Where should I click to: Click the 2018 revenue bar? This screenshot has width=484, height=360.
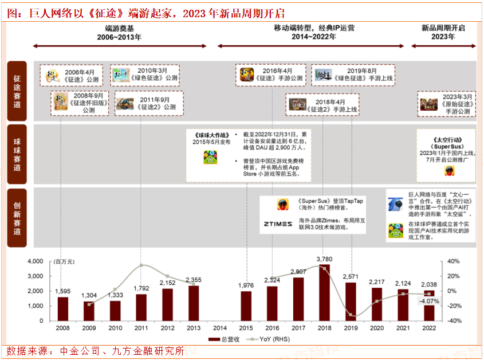tap(324, 292)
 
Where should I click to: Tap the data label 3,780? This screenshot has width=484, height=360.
tap(324, 259)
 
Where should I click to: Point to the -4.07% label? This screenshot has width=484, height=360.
tap(429, 301)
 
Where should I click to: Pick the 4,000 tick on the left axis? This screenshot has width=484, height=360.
tap(36, 261)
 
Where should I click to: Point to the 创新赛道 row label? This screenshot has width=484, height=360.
tap(17, 218)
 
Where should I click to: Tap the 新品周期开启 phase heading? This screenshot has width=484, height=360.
tap(443, 32)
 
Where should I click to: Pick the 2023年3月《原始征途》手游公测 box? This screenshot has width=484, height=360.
tap(447, 104)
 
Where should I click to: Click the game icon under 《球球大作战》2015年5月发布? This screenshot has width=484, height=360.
tap(210, 157)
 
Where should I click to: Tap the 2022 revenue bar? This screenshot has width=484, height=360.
tap(429, 306)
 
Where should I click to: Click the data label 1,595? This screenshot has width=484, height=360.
tap(63, 291)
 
